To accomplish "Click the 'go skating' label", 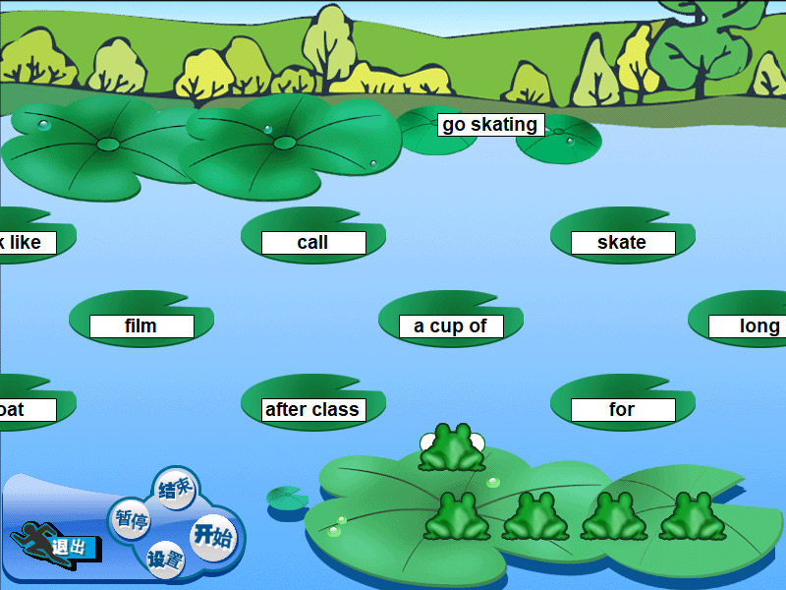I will coord(490,125).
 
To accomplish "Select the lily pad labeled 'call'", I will coord(312,243).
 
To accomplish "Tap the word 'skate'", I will coord(622,243).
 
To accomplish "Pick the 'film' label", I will coord(140,326).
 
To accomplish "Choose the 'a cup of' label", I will coord(450,326).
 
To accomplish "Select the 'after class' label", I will coord(312,410).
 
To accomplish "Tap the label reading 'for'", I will coord(622,410).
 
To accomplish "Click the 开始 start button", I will coord(212,536).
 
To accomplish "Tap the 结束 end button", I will coord(175,489).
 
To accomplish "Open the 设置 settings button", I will coord(165,561).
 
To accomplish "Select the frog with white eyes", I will coord(452,447).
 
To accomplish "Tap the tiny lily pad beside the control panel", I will coord(287,498).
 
